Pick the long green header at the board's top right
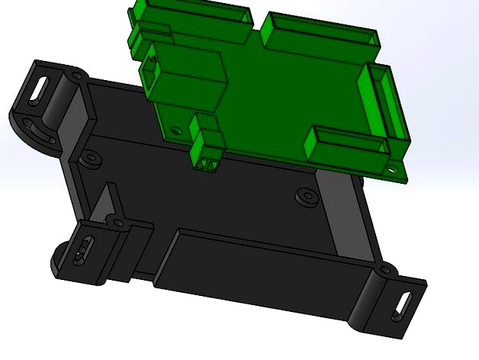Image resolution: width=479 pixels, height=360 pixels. point(319,31)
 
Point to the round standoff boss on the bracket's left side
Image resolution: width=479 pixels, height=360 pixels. point(91,160)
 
